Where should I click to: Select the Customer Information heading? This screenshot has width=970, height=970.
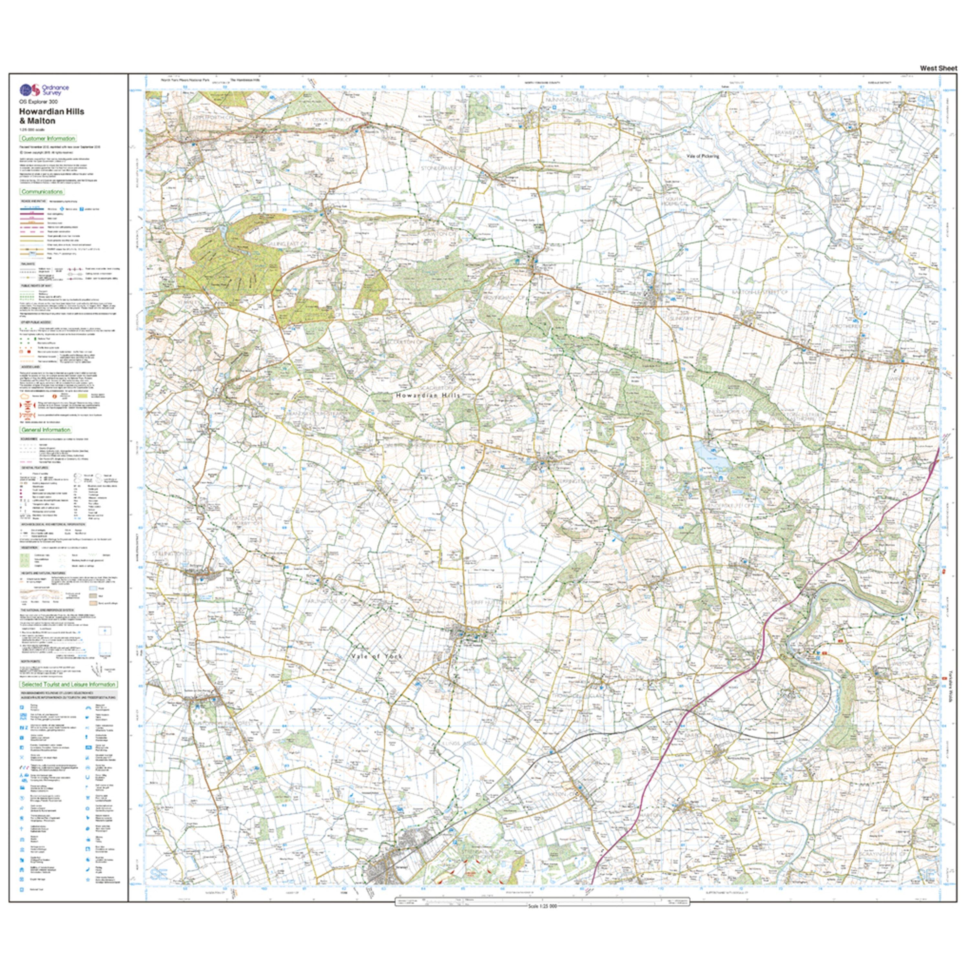click(48, 139)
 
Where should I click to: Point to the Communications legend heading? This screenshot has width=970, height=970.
click(42, 191)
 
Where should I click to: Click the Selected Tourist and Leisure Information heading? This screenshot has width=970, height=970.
click(68, 684)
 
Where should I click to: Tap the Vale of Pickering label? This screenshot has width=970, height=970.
click(703, 156)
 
